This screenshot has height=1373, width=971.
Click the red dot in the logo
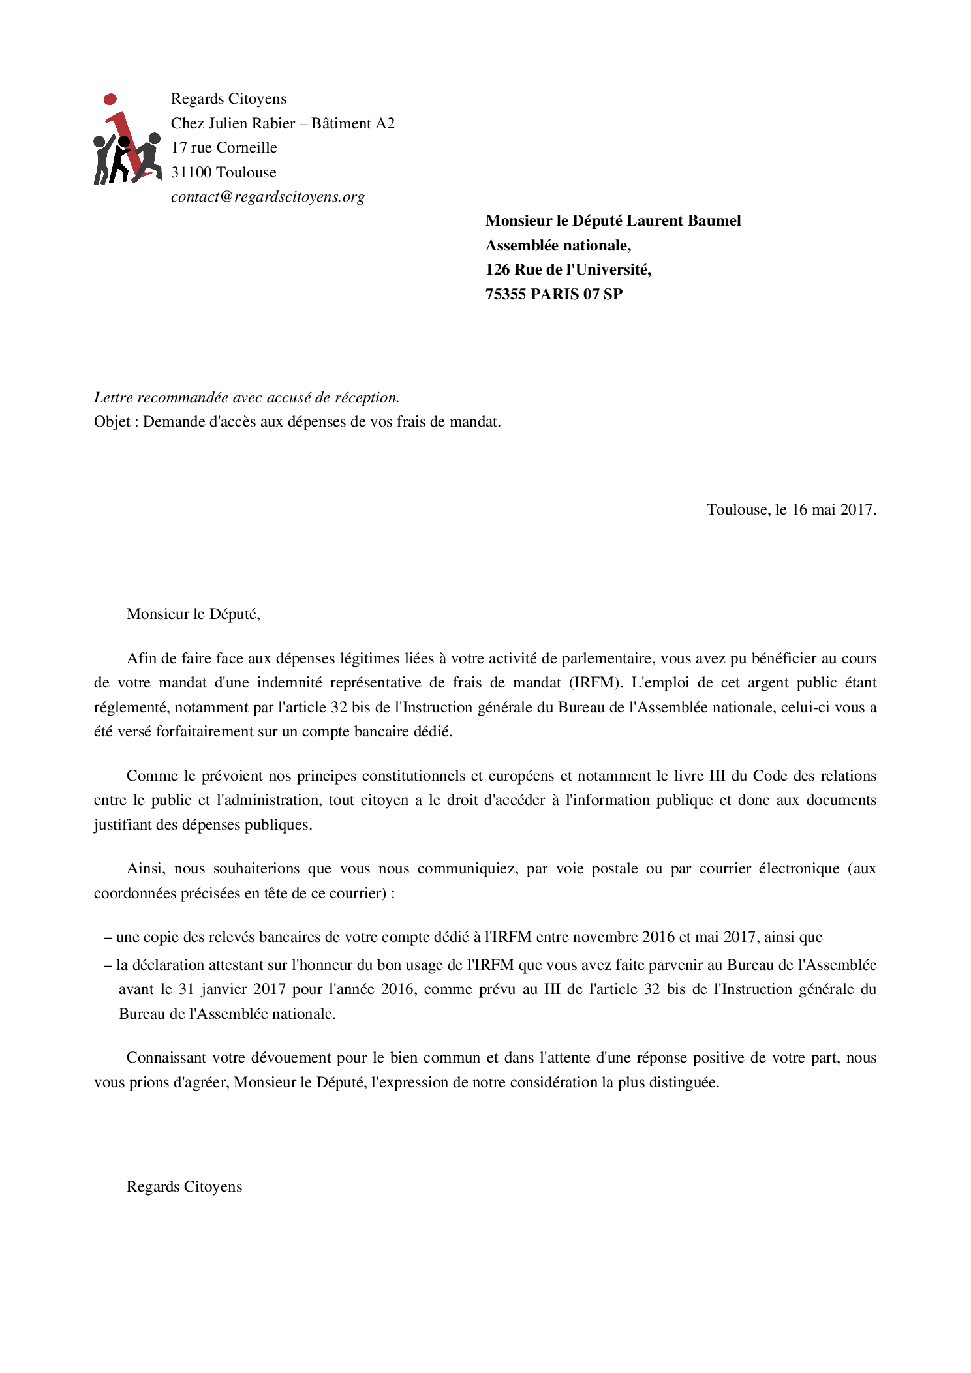point(110,99)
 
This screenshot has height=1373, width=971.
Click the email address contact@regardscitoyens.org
point(268,197)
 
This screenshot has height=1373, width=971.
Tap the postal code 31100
point(191,172)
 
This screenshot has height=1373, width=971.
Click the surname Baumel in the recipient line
point(716,220)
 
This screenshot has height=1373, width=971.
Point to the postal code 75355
point(506,294)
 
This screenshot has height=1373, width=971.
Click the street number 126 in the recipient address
point(497,269)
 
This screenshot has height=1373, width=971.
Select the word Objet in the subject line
point(112,422)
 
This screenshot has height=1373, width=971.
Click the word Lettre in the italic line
point(114,397)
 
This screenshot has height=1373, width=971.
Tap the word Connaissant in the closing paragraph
point(166,1058)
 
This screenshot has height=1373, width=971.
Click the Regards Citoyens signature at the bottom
point(184,1186)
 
